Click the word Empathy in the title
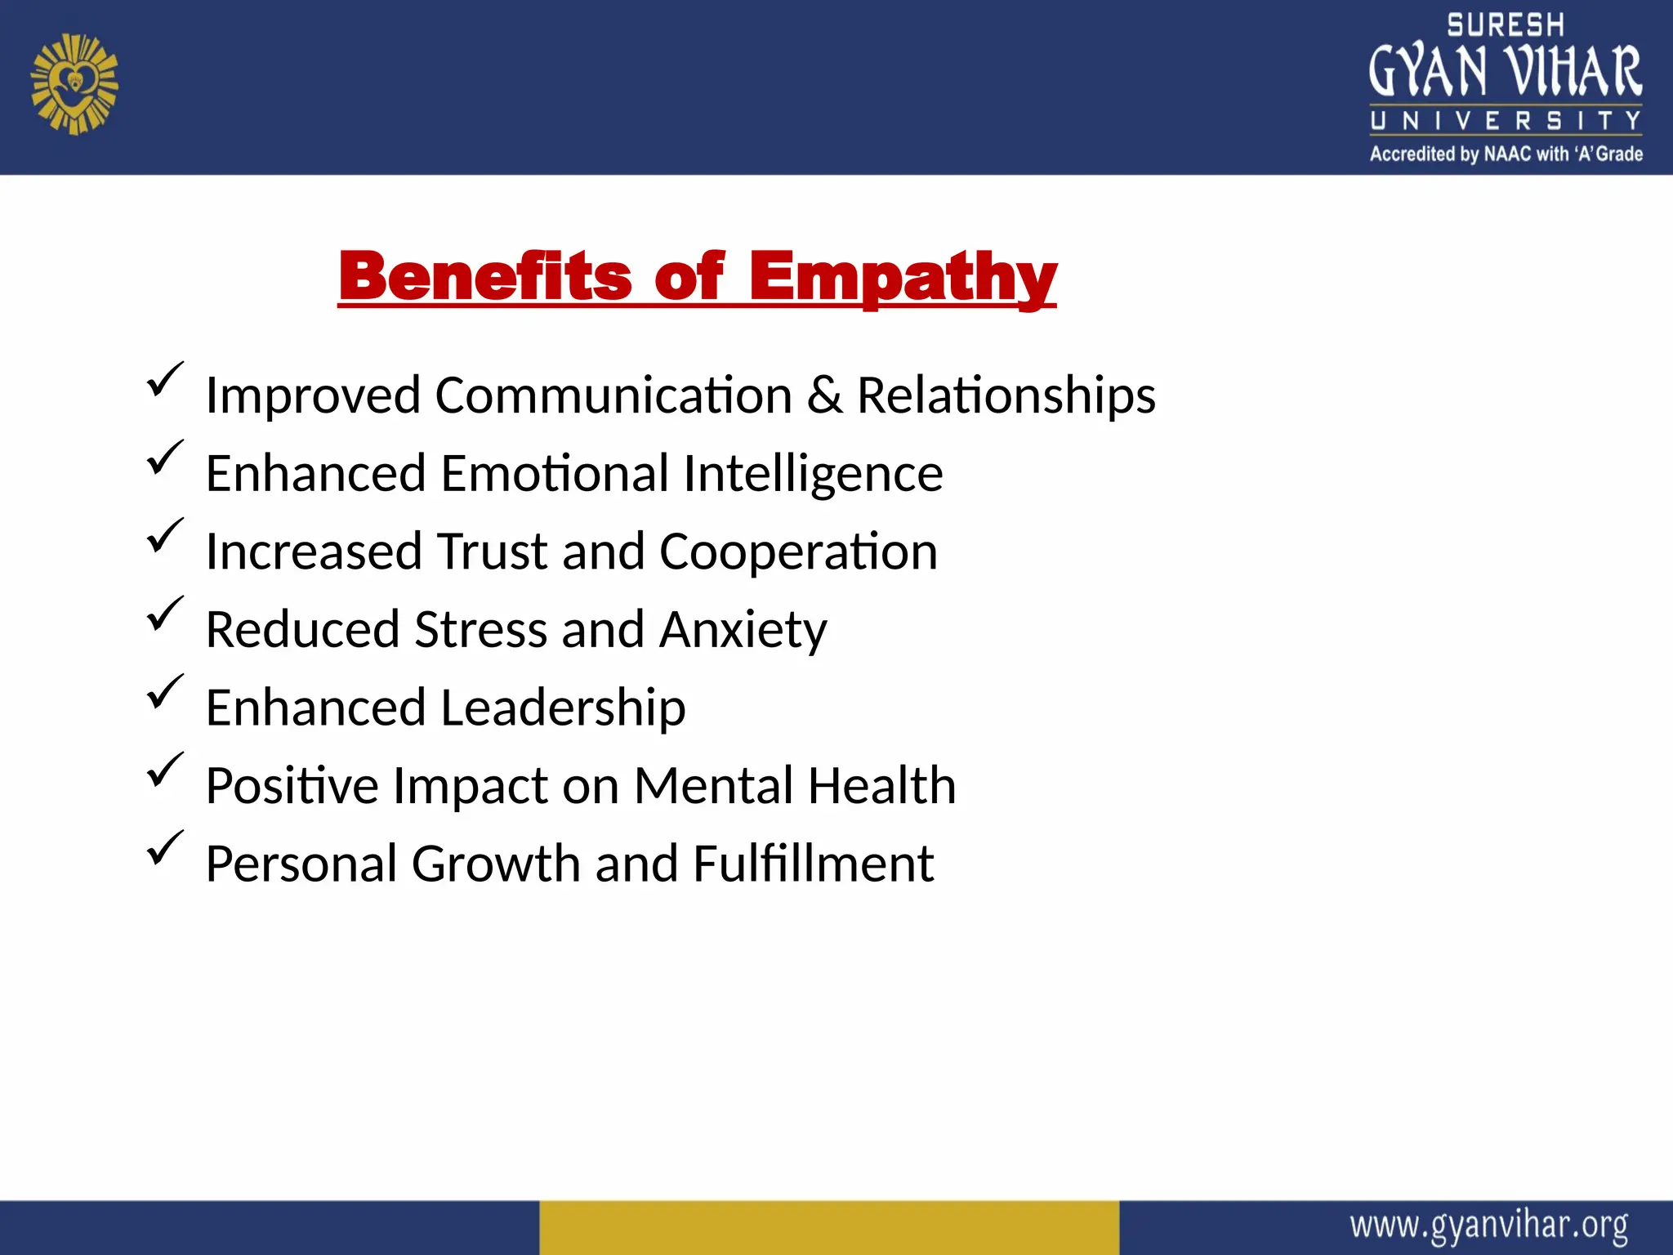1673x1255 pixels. point(903,278)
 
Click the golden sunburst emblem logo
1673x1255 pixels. point(74,84)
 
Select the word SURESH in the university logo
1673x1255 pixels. point(1505,25)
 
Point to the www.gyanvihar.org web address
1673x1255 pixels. point(1488,1226)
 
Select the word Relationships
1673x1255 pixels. point(1006,395)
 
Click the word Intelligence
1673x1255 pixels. point(813,474)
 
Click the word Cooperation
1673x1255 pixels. point(798,552)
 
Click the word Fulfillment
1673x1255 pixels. point(813,864)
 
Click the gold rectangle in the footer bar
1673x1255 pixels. point(828,1227)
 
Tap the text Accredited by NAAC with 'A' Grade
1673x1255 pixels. point(1506,154)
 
